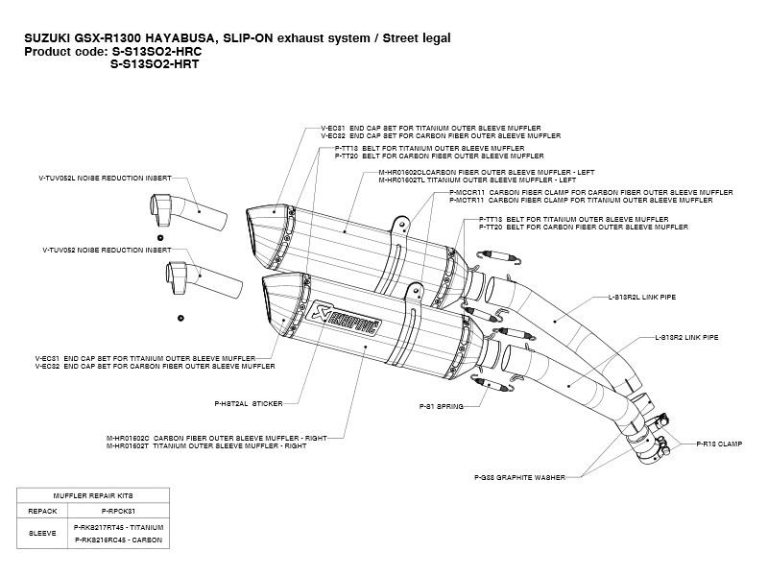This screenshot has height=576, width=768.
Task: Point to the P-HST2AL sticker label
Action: tap(243, 404)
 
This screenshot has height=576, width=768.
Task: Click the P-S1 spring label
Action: tap(441, 407)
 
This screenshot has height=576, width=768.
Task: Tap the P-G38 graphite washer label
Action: tap(518, 476)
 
